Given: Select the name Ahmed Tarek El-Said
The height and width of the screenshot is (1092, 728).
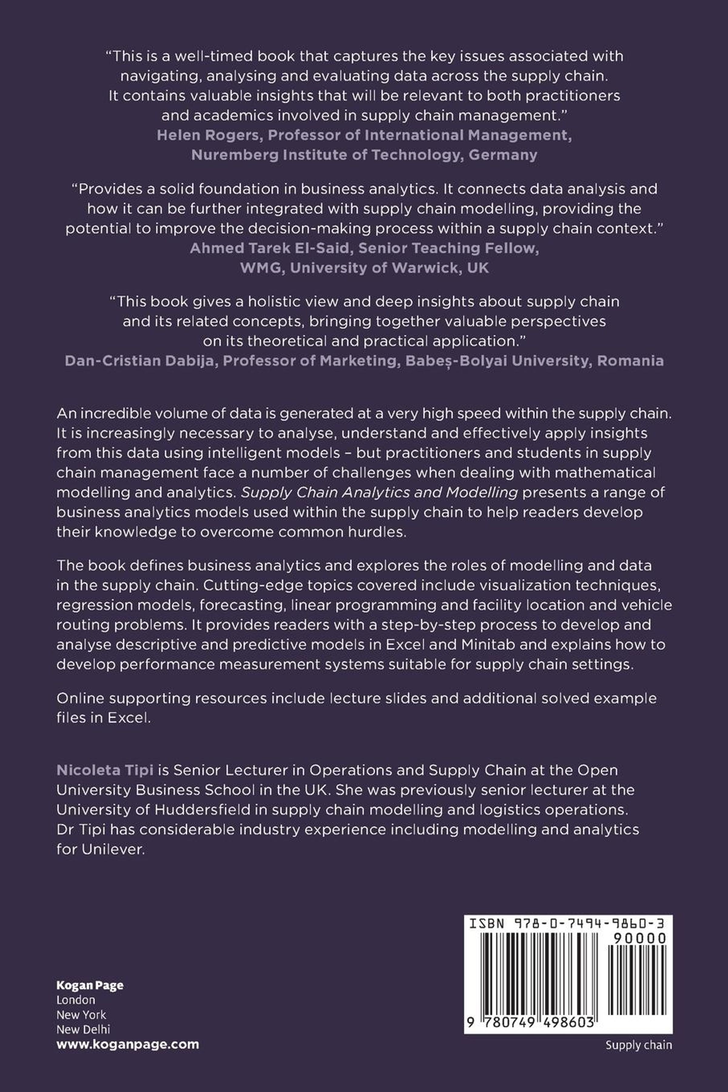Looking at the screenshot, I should click(x=269, y=248).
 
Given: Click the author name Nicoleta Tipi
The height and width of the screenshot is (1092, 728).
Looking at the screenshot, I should click(x=105, y=770).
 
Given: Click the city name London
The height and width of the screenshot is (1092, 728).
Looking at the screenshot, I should click(x=76, y=999).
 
